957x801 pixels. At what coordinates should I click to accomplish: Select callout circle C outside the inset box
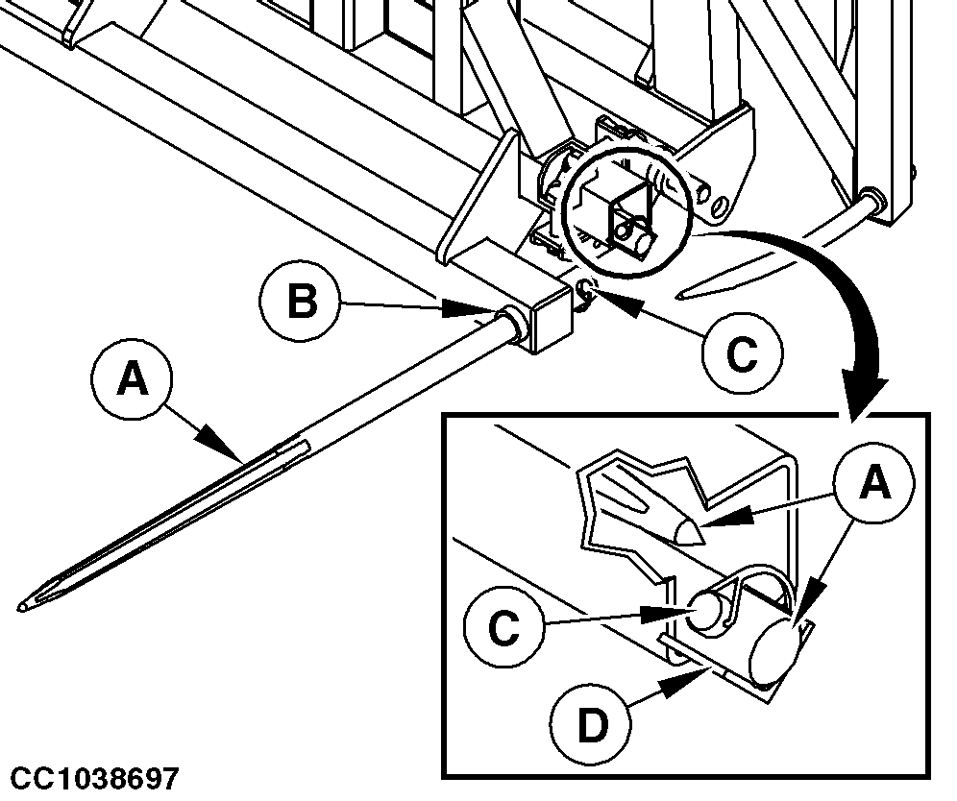tap(741, 353)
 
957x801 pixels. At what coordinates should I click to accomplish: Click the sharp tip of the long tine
tap(21, 607)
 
